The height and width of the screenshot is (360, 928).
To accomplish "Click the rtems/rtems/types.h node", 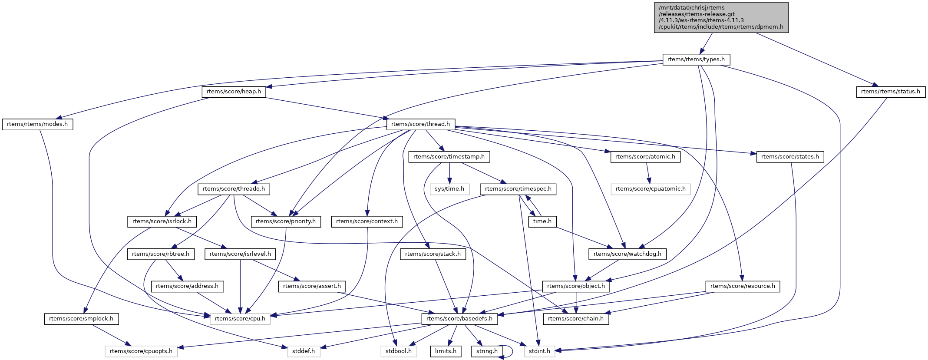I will coord(696,59).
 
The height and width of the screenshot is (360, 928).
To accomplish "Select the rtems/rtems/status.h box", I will coord(891,92).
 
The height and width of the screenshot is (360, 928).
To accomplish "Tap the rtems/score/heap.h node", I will coord(234,92).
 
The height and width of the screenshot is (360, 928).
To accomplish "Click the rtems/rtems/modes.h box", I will coord(37,124).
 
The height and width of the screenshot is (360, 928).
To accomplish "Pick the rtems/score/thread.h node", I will coord(420,124).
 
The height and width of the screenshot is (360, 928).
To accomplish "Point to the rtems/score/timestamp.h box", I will coord(449,157).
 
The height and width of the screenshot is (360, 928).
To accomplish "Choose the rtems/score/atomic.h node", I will coord(645,157).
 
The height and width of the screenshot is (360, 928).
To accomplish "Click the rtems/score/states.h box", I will coord(790,157).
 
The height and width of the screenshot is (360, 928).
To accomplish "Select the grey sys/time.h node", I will coord(449,189).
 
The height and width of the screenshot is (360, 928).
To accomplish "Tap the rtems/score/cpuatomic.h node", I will coord(651,189).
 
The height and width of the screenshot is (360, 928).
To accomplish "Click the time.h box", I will coord(542,221).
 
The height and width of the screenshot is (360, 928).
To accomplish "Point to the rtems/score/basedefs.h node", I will coord(459,319).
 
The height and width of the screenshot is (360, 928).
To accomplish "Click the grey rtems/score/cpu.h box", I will coord(240,319).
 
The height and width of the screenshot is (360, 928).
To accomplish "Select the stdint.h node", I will coord(539,351).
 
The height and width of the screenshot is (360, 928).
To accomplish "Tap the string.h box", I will coord(487,351).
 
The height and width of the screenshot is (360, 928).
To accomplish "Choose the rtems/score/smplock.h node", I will coord(81,319).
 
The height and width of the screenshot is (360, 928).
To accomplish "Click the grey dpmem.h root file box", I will coord(721,17).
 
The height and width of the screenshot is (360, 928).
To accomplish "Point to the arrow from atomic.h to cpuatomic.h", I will coord(648,173).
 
